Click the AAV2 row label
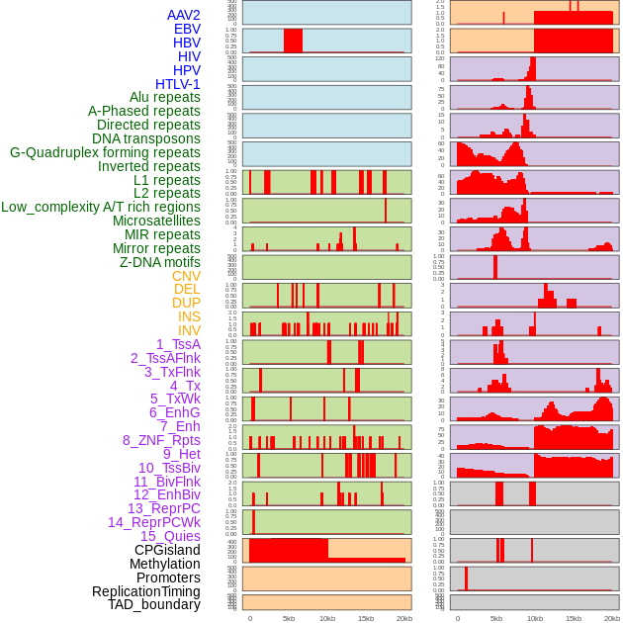(183, 15)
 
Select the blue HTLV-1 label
(177, 84)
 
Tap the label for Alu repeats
(164, 97)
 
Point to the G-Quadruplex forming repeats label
(105, 152)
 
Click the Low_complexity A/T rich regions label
(101, 207)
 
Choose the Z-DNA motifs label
(159, 262)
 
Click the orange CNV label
(186, 276)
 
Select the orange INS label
(189, 316)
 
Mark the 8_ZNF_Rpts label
(161, 440)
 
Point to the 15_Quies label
(168, 536)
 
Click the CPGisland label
(167, 550)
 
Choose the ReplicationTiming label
(145, 591)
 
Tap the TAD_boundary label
(153, 604)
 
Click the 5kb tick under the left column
(289, 618)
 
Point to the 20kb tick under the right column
(612, 618)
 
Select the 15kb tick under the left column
(366, 618)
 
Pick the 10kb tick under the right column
(534, 618)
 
